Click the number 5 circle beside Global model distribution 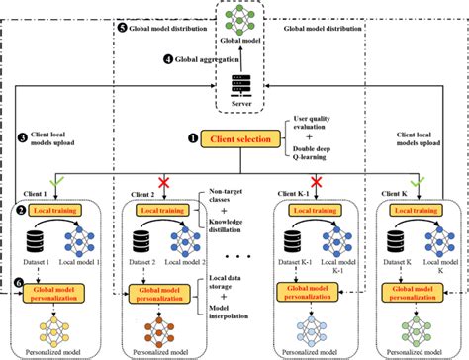(123, 30)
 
